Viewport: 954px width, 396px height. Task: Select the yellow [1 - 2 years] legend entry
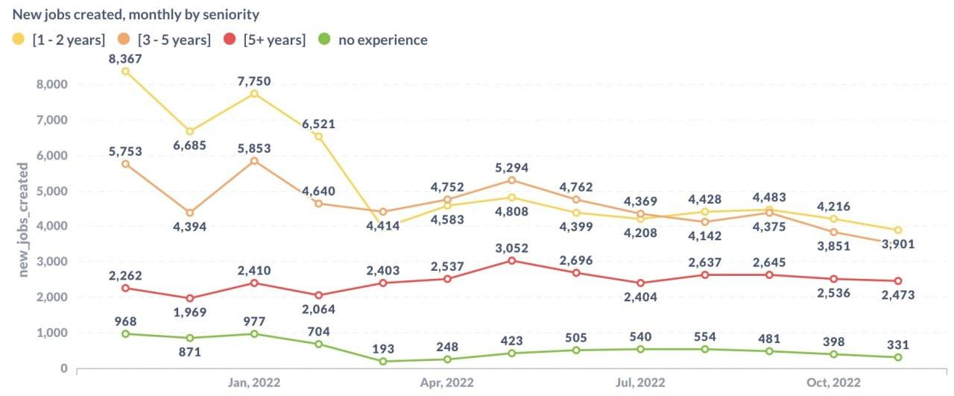60,40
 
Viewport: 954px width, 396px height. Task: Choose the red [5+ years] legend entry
266,40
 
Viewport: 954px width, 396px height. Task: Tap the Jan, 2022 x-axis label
253,383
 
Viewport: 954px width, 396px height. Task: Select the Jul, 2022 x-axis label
640,383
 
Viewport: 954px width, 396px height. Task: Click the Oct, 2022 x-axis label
833,383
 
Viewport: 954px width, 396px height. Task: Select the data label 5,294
511,165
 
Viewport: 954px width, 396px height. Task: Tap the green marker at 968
125,333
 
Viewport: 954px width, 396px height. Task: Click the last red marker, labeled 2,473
898,281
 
